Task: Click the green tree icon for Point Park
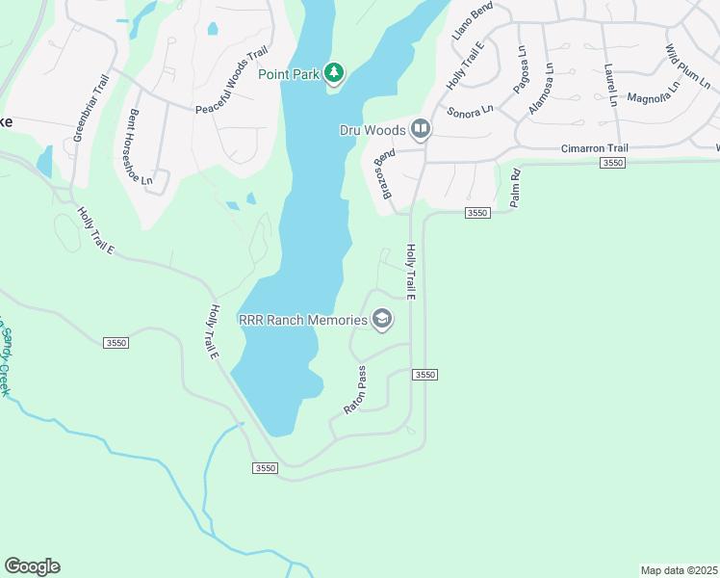(x=334, y=72)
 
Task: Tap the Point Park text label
(x=290, y=73)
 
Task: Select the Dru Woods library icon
(x=421, y=128)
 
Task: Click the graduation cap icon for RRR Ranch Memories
(x=382, y=320)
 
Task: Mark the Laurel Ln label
(x=609, y=85)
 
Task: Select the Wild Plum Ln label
(x=685, y=65)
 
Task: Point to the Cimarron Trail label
(x=594, y=148)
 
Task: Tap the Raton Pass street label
(x=356, y=390)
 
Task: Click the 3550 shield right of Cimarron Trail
(x=612, y=164)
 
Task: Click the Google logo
(x=32, y=566)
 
